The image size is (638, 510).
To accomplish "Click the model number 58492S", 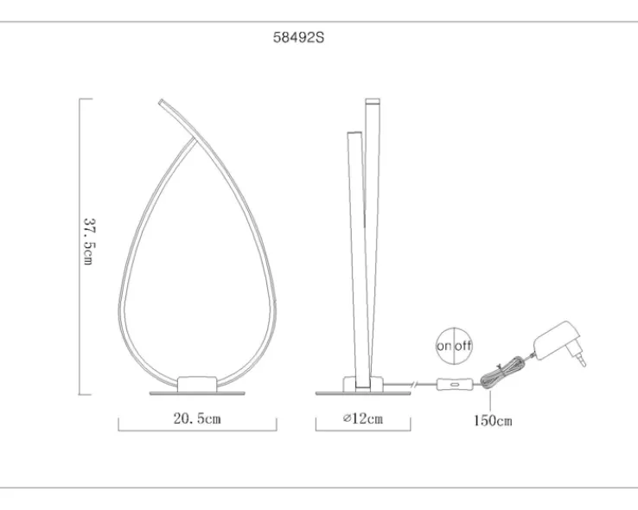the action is click(298, 38).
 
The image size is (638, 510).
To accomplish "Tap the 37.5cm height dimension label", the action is click(89, 241).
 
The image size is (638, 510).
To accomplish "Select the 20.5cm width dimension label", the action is click(197, 418).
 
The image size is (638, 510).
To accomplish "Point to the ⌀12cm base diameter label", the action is click(363, 418).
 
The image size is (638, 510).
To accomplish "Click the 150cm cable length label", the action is click(493, 420).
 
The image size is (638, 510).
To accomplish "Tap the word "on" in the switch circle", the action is click(444, 346).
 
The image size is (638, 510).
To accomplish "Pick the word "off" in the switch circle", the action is click(463, 346).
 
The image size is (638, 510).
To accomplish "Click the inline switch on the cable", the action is click(455, 384).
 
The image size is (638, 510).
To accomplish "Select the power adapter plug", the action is click(559, 342).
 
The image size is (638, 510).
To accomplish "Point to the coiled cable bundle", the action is click(502, 373).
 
